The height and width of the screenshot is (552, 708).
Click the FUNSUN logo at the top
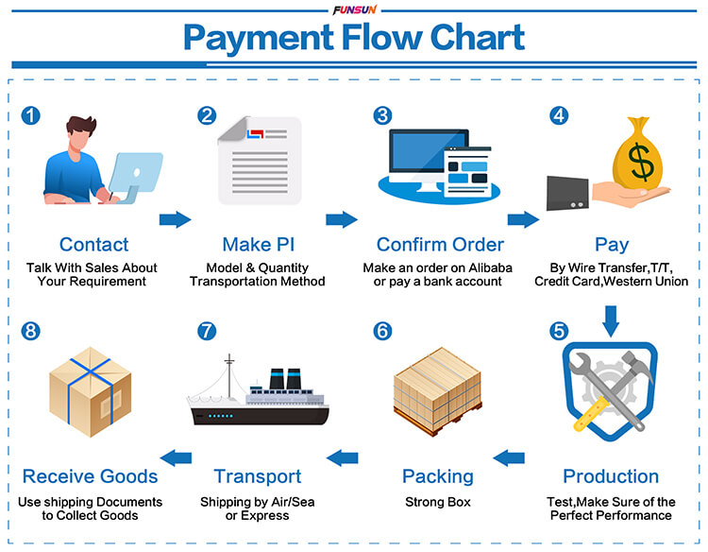pyautogui.click(x=354, y=9)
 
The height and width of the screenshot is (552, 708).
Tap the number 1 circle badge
pyautogui.click(x=31, y=115)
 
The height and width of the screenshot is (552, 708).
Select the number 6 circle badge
pyautogui.click(x=382, y=331)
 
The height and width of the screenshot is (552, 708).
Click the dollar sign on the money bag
pyautogui.click(x=641, y=161)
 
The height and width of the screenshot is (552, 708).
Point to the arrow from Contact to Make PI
pyautogui.click(x=176, y=219)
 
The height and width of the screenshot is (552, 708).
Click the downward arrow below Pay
pyautogui.click(x=611, y=321)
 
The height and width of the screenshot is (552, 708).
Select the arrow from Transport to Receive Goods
pyautogui.click(x=176, y=458)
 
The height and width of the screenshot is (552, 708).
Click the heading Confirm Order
pyautogui.click(x=440, y=245)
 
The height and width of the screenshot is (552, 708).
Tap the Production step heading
pyautogui.click(x=611, y=476)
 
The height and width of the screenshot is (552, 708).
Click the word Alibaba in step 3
pyautogui.click(x=490, y=267)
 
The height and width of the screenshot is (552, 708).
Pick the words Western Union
pyautogui.click(x=646, y=282)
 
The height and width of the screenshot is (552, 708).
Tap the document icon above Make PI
pyautogui.click(x=260, y=161)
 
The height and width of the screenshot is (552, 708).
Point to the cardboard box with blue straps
pyautogui.click(x=91, y=391)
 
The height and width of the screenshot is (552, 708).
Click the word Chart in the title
pyautogui.click(x=478, y=38)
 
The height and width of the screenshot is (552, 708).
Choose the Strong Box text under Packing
pyautogui.click(x=438, y=502)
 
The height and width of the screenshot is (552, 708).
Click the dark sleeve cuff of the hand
pyautogui.click(x=567, y=194)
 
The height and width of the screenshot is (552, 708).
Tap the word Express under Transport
pyautogui.click(x=264, y=515)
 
